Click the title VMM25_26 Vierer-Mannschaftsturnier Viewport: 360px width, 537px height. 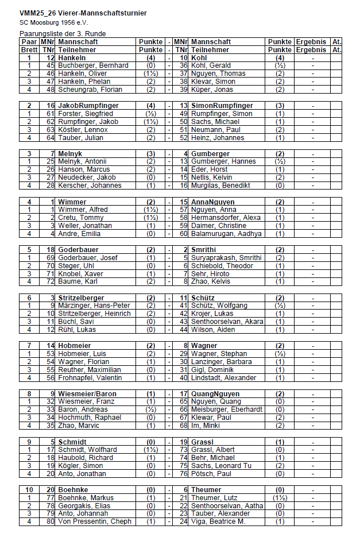click(83, 13)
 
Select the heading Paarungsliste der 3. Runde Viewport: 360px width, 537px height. click(63, 34)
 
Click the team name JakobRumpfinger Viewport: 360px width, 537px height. click(88, 106)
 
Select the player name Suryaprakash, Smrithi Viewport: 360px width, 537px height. click(226, 258)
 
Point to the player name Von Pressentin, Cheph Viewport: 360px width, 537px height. click(95, 521)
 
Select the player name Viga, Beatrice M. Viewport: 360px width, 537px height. click(218, 521)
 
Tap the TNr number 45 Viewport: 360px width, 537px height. click(50, 65)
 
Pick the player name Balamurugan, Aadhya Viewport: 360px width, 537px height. click(226, 234)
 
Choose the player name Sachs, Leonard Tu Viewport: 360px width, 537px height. click(221, 466)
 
